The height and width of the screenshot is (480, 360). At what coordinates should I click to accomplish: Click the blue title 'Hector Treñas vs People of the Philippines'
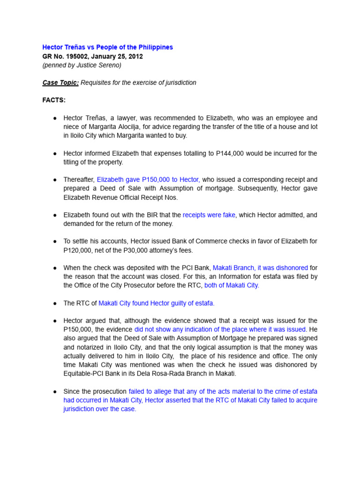pyautogui.click(x=107, y=47)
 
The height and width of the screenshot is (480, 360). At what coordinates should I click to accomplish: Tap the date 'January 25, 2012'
pyautogui.click(x=120, y=56)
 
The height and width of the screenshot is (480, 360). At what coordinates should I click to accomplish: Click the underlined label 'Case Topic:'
pyautogui.click(x=60, y=82)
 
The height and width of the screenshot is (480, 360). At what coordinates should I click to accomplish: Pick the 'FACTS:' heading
pyautogui.click(x=54, y=100)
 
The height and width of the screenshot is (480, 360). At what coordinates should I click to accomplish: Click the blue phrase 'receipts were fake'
pyautogui.click(x=209, y=215)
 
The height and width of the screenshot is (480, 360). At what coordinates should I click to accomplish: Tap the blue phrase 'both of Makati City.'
pyautogui.click(x=232, y=285)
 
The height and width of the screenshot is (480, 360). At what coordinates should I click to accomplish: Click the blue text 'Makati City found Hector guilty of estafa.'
pyautogui.click(x=156, y=303)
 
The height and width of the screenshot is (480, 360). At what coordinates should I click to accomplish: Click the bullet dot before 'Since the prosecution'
pyautogui.click(x=55, y=391)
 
